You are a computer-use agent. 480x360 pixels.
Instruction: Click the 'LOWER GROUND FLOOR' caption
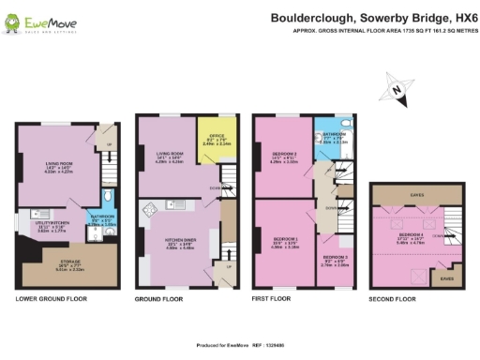(x=51, y=273)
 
